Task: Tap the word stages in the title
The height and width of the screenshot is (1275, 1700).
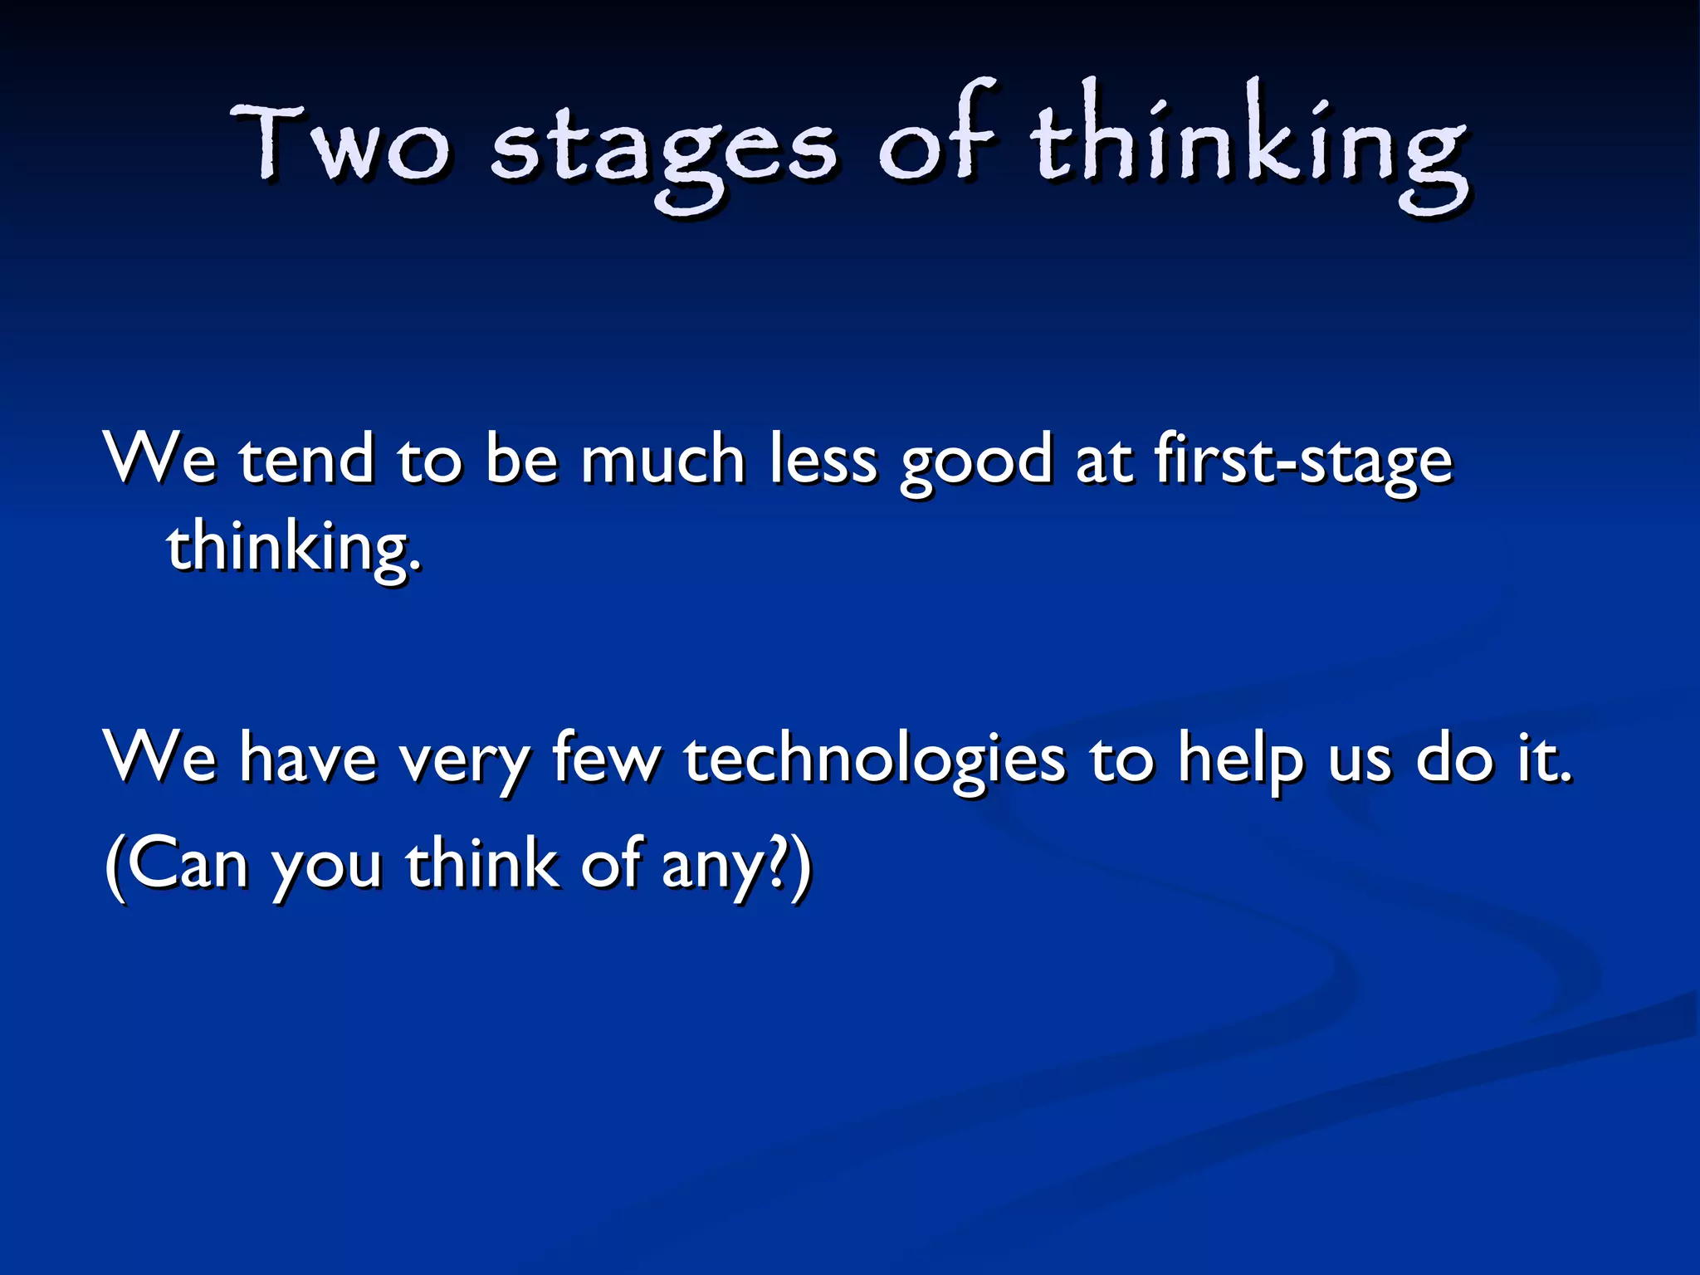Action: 663,149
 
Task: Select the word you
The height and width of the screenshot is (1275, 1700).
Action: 327,870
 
